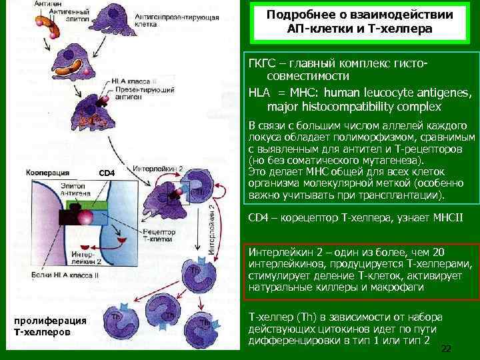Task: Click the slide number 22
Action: pos(447,349)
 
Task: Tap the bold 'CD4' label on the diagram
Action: pos(107,174)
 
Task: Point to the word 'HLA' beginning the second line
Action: pos(258,92)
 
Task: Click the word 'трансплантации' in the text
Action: pos(403,196)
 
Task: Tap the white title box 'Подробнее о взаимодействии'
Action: pos(359,22)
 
